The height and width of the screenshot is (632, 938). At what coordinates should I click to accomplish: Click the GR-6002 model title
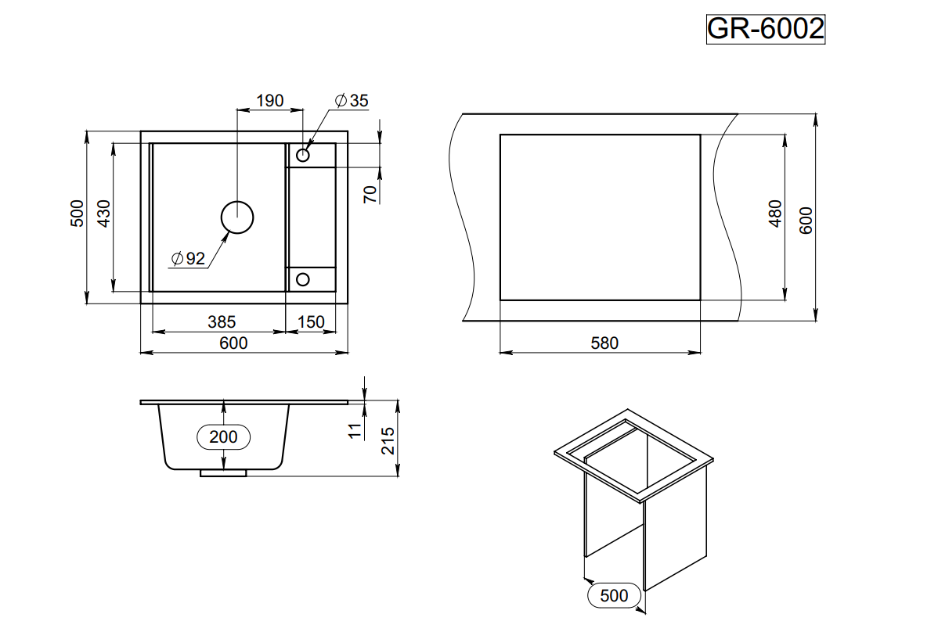click(765, 29)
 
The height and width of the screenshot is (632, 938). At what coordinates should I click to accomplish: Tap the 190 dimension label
click(269, 100)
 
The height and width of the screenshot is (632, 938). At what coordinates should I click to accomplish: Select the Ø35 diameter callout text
click(350, 100)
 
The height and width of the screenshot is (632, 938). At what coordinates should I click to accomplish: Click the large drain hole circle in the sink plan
click(236, 217)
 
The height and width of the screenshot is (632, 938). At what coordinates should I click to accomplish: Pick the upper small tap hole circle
click(302, 154)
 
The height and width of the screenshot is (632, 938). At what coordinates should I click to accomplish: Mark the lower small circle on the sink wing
click(302, 278)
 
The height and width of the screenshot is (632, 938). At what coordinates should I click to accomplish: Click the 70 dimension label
click(371, 192)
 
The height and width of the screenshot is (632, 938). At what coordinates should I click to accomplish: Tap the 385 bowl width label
click(222, 321)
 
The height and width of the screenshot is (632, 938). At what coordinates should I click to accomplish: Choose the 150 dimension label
click(311, 321)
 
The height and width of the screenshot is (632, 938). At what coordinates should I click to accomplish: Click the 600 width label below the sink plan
click(233, 343)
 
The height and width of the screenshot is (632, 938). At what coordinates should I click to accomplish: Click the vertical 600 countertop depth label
click(806, 220)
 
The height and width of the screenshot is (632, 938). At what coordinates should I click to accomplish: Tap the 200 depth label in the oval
click(224, 436)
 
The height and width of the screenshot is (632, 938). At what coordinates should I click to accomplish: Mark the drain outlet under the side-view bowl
click(223, 472)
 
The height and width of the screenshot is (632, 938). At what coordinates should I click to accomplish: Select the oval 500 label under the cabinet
click(614, 595)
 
